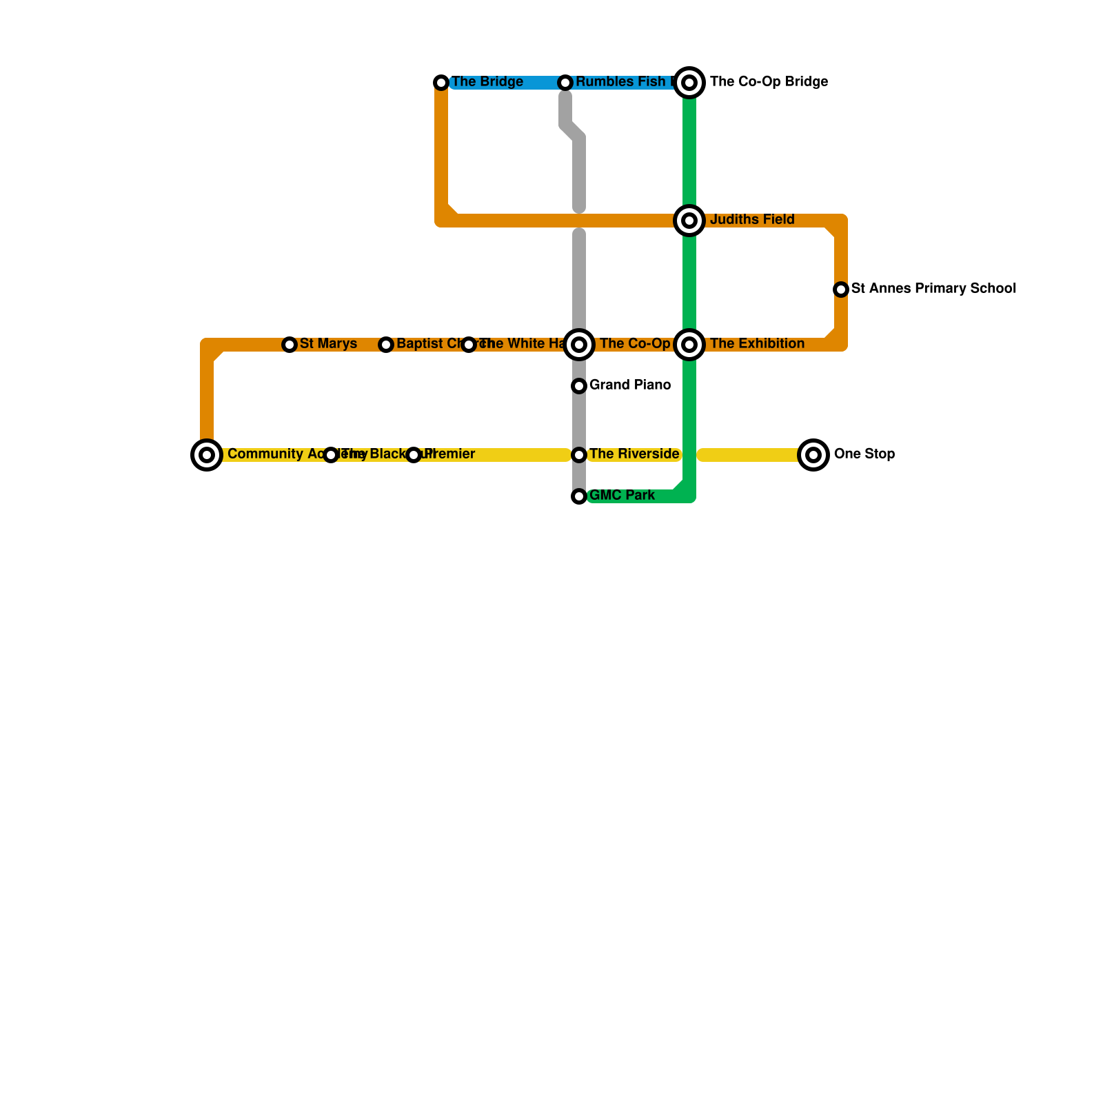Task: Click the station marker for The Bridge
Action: (441, 83)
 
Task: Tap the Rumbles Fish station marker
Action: (565, 83)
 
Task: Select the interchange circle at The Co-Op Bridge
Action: (689, 83)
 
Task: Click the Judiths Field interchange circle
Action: (689, 221)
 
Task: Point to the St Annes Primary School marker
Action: (841, 290)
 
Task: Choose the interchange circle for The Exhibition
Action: (689, 345)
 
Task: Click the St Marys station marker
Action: (290, 345)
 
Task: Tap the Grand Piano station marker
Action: (579, 386)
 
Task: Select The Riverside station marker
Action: (579, 455)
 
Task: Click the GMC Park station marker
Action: (579, 496)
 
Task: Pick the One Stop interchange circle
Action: (813, 455)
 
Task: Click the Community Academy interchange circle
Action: (207, 455)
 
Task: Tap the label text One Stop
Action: (864, 454)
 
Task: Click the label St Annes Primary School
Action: (933, 289)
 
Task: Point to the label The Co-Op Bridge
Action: (769, 82)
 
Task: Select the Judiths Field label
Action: (752, 220)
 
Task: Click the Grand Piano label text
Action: (630, 385)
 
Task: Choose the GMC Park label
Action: (622, 496)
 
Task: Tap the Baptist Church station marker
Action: (386, 345)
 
